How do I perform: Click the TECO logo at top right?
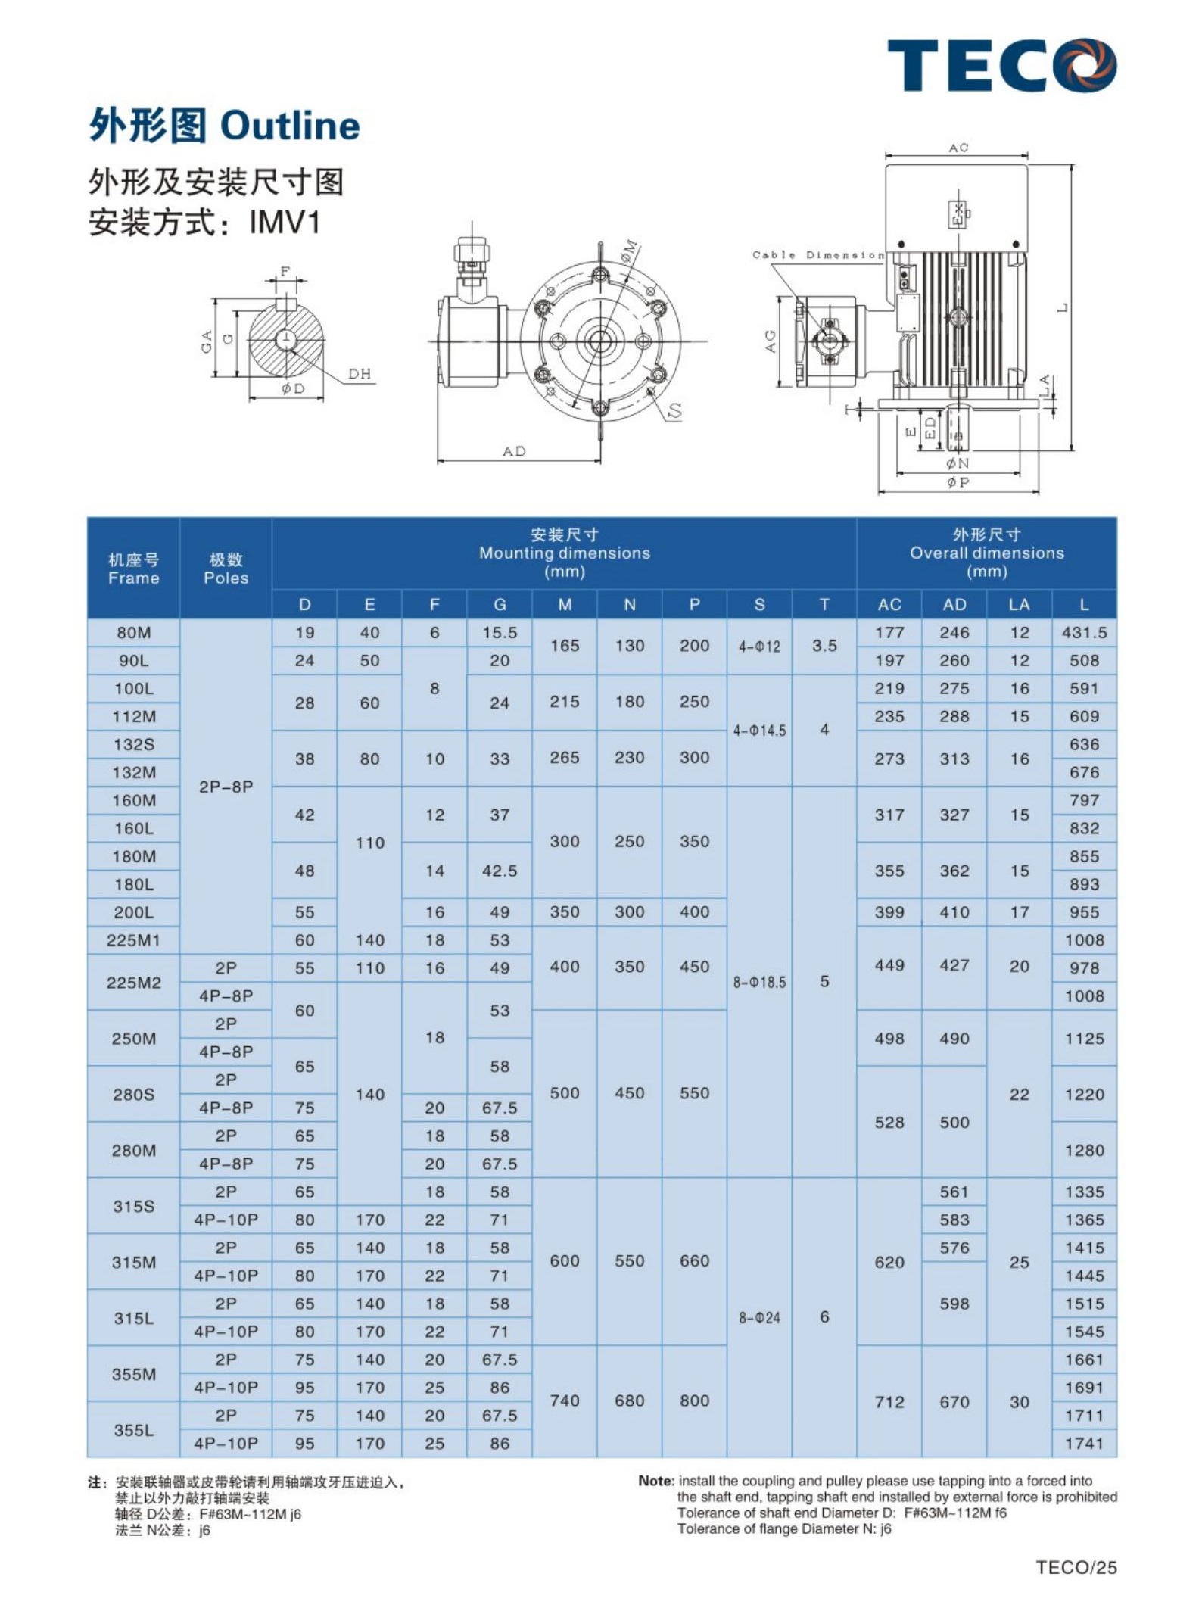[x=1001, y=66]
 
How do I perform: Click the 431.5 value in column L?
[x=1084, y=633]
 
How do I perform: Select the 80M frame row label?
[x=133, y=633]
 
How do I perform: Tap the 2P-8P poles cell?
[x=226, y=787]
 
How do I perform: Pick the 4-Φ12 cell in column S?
[x=759, y=647]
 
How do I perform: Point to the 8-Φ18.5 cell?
[x=759, y=982]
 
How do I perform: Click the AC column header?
[x=889, y=605]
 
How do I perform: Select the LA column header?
[x=1019, y=605]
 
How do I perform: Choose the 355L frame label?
[x=133, y=1430]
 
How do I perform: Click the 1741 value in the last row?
[x=1084, y=1444]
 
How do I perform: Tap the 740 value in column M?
[x=565, y=1401]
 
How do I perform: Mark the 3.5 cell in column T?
[x=824, y=647]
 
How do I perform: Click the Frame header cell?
[x=133, y=569]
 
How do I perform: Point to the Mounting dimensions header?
[x=564, y=553]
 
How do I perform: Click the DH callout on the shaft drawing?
[x=360, y=374]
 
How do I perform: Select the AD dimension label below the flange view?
[x=515, y=452]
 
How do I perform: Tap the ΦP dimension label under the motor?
[x=958, y=482]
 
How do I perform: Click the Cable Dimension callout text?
[x=817, y=255]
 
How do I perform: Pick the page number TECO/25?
[x=1076, y=1567]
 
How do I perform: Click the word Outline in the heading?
[x=290, y=126]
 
